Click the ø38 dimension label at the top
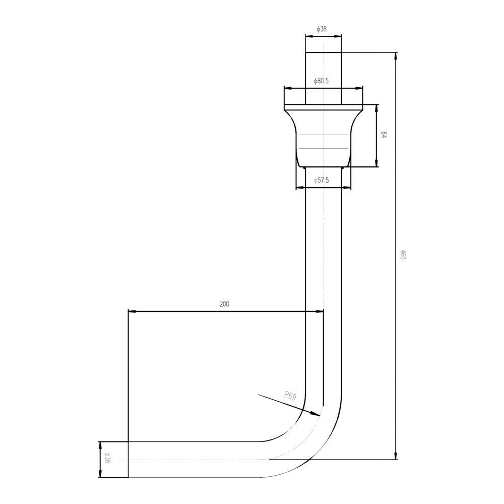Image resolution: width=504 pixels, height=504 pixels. (322, 29)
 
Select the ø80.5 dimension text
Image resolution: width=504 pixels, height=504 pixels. (321, 81)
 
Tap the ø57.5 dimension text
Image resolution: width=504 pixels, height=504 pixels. (321, 180)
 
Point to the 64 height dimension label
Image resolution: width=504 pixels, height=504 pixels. (384, 135)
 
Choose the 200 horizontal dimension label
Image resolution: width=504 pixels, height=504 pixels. (225, 304)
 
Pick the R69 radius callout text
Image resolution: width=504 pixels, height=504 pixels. (290, 396)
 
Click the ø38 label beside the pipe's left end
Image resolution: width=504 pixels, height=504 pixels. (107, 458)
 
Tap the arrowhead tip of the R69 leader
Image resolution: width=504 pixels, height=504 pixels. (319, 414)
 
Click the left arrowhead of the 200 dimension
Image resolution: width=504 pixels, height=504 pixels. (130, 311)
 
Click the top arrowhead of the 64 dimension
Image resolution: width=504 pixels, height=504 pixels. (376, 106)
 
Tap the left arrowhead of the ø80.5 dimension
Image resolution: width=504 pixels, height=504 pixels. (286, 88)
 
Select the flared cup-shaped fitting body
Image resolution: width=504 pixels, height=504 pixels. (323, 136)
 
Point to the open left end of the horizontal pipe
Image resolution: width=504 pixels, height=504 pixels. (129, 459)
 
